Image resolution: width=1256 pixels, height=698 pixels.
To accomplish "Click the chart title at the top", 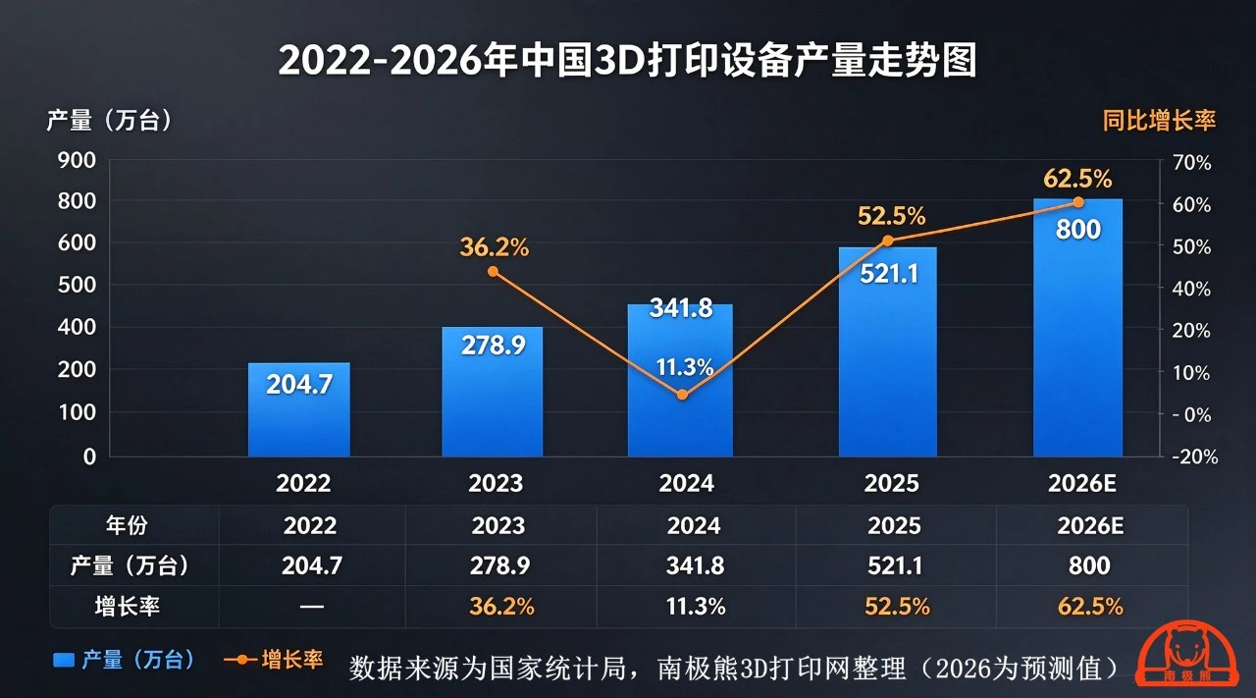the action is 627,60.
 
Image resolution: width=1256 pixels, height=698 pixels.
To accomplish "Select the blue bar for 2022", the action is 299,409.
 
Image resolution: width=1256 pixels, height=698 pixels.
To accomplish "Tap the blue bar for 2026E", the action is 1077,328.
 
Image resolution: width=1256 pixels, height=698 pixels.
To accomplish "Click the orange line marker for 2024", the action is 682,395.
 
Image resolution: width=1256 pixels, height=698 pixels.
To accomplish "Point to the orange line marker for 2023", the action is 493,272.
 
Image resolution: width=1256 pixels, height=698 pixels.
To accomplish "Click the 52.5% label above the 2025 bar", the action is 891,216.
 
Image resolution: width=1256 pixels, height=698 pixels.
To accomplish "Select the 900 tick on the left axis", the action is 77,160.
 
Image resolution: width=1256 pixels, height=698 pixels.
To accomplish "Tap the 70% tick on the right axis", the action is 1192,163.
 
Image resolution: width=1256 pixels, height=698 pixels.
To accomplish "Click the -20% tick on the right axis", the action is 1195,456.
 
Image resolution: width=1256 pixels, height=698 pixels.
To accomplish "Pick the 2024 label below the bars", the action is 686,483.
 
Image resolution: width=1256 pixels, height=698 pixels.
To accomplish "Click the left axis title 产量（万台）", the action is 109,120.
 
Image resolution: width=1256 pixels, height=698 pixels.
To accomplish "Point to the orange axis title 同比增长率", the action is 1159,121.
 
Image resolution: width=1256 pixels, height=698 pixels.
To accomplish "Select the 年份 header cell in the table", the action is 127,525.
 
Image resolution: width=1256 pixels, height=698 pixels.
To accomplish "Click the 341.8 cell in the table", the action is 695,565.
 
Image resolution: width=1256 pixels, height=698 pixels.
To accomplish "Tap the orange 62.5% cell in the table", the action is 1090,607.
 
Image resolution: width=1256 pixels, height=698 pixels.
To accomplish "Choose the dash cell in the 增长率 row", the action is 312,607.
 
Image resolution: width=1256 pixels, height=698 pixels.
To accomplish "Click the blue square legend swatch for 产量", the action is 64,660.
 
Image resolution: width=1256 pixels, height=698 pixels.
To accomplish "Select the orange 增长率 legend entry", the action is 273,660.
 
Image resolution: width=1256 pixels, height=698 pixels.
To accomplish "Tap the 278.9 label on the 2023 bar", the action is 494,345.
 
